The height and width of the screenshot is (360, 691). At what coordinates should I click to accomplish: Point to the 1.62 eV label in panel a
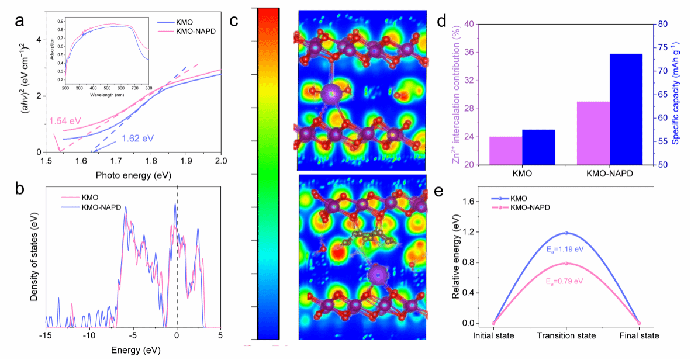(138, 139)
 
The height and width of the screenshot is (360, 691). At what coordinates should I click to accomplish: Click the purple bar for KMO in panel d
(489, 151)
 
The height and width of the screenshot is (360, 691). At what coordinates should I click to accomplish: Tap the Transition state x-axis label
(566, 336)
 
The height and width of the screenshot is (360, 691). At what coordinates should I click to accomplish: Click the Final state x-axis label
(639, 336)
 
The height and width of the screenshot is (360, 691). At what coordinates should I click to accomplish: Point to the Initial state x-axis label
(494, 336)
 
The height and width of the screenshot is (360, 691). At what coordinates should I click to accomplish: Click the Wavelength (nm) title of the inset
(107, 94)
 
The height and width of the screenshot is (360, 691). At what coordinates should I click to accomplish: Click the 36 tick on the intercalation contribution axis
(465, 53)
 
